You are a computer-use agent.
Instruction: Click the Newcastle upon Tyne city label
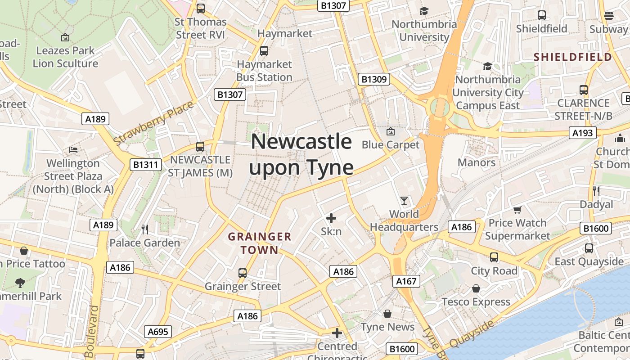[301, 154]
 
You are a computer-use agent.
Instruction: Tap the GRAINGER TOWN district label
[260, 243]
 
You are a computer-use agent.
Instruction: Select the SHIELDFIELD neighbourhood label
[573, 57]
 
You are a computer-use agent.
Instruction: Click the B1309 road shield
[374, 80]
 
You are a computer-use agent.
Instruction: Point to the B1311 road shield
[146, 165]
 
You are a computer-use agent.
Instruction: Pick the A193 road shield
[582, 133]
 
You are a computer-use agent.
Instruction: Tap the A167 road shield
[406, 282]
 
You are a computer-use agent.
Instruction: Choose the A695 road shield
[158, 332]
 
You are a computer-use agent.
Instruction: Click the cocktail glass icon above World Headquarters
[404, 200]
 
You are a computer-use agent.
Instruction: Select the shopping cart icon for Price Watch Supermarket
[517, 210]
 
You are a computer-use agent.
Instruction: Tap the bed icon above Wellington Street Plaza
[73, 149]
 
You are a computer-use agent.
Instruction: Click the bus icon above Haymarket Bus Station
[264, 51]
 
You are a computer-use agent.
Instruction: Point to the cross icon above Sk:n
[331, 218]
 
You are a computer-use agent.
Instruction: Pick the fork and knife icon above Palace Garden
[145, 229]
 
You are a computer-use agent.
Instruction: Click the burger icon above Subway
[609, 16]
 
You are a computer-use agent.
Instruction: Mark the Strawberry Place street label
[153, 123]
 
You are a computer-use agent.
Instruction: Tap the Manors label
[477, 162]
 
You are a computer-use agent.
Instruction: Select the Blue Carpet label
[391, 145]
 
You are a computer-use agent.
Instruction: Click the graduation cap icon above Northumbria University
[424, 11]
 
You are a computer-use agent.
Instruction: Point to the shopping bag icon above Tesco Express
[476, 288]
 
